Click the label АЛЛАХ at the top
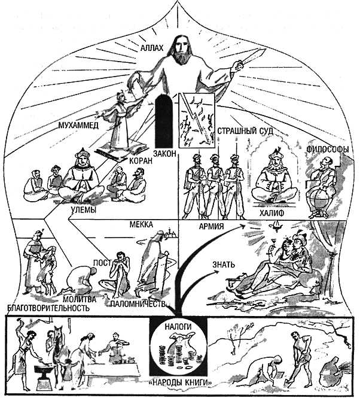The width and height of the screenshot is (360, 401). tap(151, 48)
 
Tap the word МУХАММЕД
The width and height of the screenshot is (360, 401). tap(78, 126)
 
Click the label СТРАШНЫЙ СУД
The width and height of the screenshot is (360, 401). tap(245, 131)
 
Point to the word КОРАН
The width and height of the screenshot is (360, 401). tap(141, 161)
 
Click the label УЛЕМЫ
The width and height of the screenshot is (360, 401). tap(83, 210)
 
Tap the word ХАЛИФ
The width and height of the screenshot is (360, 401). tap(271, 213)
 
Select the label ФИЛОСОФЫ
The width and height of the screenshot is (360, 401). tap(328, 150)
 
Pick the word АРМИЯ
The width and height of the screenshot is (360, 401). tap(211, 226)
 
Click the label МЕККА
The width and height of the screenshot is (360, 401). tap(141, 224)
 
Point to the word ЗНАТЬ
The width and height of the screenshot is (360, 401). tap(224, 265)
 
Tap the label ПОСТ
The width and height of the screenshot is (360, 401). tap(102, 263)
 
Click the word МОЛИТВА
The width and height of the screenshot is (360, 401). tap(79, 299)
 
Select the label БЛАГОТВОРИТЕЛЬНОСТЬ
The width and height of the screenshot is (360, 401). tap(48, 308)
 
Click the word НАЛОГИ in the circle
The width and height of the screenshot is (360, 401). tap(178, 327)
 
